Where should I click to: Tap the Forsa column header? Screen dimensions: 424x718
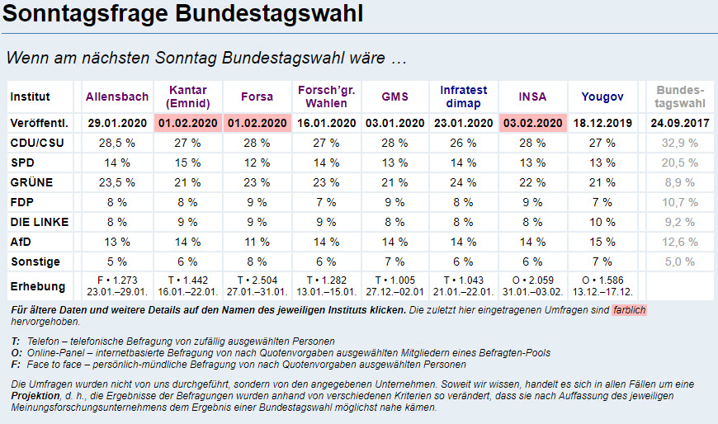pos(257,97)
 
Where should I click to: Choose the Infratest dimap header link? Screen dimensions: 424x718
pos(463,97)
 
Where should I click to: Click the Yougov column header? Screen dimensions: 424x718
pos(602,97)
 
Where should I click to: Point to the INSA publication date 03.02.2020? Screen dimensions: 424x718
pos(531,123)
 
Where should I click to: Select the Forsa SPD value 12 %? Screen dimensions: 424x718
pos(257,163)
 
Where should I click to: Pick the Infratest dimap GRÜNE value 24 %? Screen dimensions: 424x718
pos(463,182)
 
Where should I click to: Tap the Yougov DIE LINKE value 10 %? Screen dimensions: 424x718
pos(602,222)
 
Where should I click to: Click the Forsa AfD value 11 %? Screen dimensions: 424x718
pos(257,242)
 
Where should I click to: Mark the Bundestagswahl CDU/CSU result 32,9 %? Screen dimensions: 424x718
pos(680,143)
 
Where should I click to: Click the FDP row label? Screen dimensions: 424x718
pos(22,202)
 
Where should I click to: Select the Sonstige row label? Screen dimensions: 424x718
pos(35,261)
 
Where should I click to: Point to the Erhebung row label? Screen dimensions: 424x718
pos(36,285)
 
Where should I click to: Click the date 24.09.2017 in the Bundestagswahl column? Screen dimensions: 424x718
pos(680,123)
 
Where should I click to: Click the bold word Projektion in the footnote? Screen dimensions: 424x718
pos(36,396)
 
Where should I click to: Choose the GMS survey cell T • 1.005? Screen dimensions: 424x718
pos(394,280)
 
